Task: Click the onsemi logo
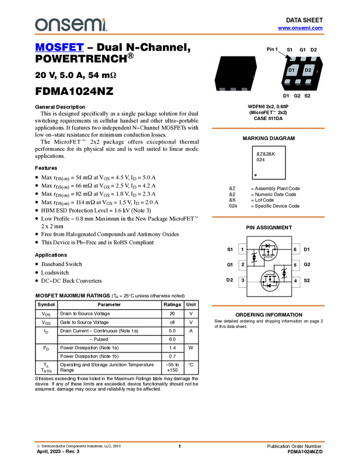(71, 25)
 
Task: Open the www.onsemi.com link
(300, 28)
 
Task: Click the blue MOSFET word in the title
(59, 47)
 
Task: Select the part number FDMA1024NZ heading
(75, 91)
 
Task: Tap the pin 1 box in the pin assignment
(242, 249)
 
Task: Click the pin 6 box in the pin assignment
(295, 249)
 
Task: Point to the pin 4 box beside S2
(295, 281)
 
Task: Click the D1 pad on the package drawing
(292, 70)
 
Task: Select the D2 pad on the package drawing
(308, 70)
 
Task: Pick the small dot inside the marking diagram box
(255, 175)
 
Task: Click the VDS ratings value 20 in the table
(172, 314)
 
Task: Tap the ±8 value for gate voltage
(172, 322)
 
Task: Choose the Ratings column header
(172, 304)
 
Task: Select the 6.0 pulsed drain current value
(172, 339)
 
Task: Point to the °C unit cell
(191, 365)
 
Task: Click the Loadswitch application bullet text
(55, 272)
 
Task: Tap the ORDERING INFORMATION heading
(269, 315)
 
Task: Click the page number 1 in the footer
(179, 446)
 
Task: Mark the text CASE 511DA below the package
(268, 118)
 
